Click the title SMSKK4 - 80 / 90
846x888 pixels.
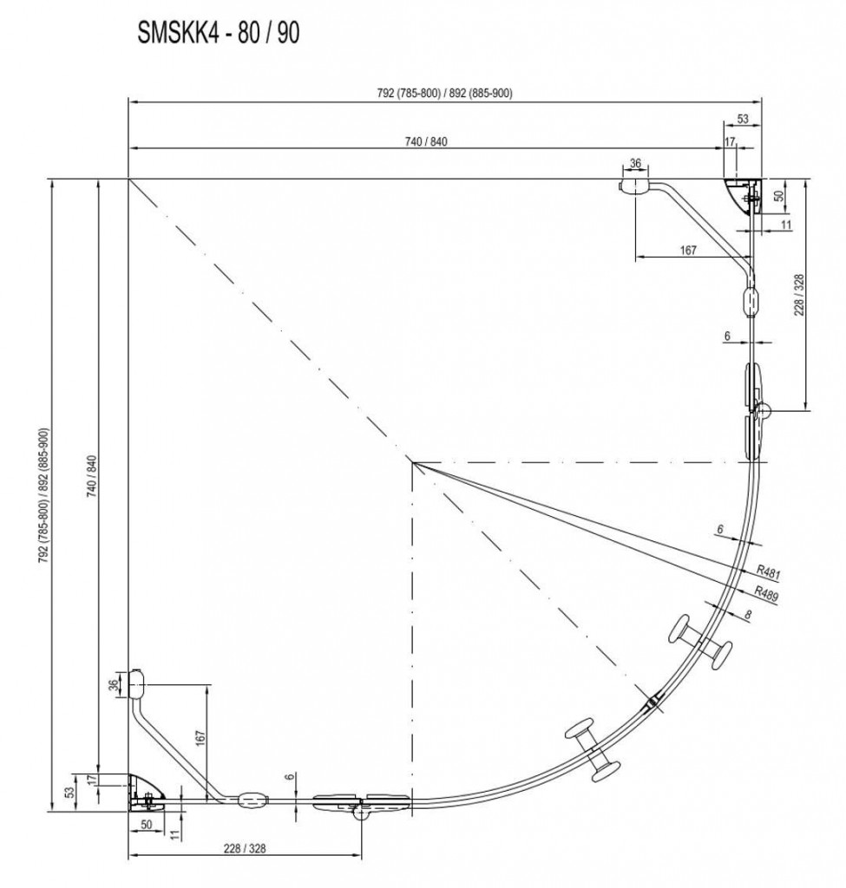[218, 33]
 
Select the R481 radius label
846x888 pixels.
[769, 572]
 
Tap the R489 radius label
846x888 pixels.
[766, 593]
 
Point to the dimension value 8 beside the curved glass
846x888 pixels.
[749, 614]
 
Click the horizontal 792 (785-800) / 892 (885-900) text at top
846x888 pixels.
[445, 93]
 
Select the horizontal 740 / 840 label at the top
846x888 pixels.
[426, 141]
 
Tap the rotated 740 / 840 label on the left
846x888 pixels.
[92, 476]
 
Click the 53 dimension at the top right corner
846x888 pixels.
[743, 119]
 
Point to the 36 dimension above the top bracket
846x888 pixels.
[635, 163]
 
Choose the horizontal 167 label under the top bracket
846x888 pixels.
[688, 250]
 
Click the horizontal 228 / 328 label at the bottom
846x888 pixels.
[245, 848]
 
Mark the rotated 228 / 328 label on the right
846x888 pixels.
[798, 295]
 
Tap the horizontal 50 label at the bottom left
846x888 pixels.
[146, 825]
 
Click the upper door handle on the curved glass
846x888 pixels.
[700, 642]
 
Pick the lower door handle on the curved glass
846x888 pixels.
[592, 750]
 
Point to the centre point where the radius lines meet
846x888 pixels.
[414, 463]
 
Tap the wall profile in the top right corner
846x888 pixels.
[744, 195]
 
